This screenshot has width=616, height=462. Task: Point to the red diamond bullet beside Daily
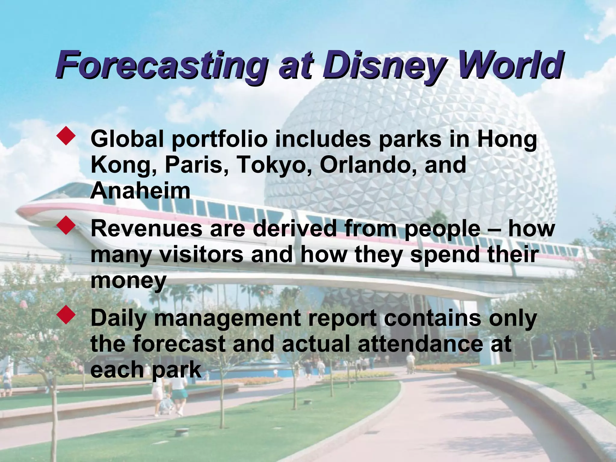point(66,315)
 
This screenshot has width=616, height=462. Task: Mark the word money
point(128,281)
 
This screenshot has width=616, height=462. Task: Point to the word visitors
point(201,254)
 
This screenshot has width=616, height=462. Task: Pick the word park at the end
point(176,370)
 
